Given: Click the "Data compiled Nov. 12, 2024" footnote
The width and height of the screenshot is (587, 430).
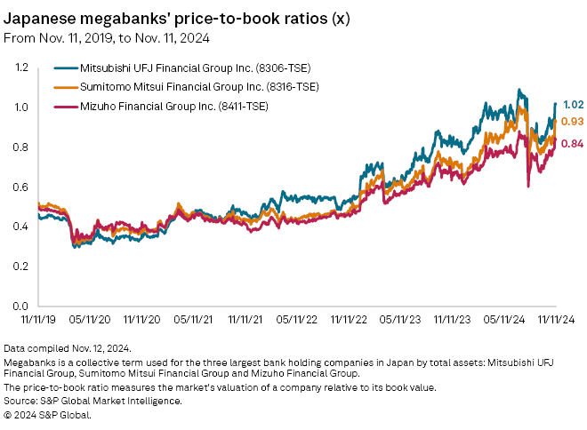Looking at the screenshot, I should click(68, 347).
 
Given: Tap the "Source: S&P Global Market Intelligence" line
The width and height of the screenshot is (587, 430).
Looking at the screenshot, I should click(93, 402).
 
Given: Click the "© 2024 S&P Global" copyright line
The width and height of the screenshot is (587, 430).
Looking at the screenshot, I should click(45, 415).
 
